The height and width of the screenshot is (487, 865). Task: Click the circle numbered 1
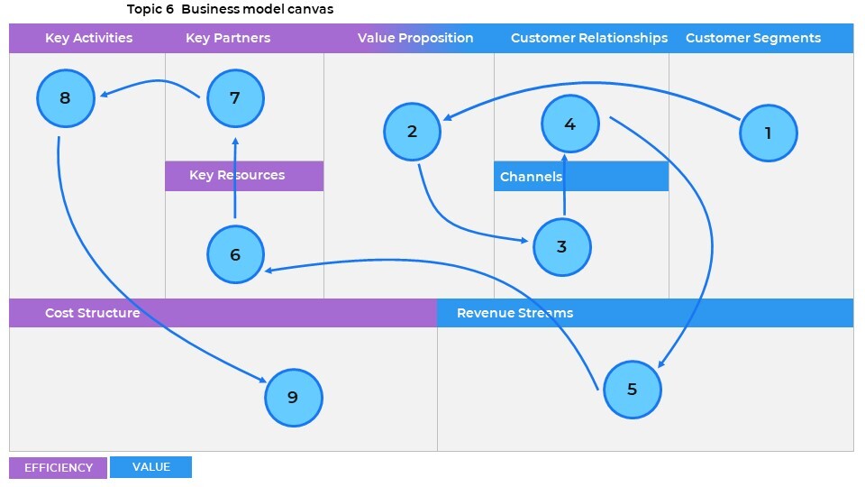coord(769,133)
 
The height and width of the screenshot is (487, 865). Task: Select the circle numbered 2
coord(413,132)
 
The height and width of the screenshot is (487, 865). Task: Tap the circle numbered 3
coord(562,246)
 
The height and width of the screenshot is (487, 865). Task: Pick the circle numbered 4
coord(570,124)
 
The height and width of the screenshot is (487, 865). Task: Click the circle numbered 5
coord(632,389)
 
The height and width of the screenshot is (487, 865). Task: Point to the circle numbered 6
coord(235,254)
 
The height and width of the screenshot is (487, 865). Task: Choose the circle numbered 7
coord(235,98)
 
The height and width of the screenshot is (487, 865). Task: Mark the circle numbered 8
coord(66,98)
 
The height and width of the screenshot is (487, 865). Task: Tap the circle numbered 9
coord(293,397)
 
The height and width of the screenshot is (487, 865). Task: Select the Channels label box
coord(581,177)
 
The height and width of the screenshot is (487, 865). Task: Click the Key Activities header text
coord(88,38)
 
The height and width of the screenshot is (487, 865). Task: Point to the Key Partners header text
coord(228,38)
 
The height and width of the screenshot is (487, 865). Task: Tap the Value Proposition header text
coord(415,38)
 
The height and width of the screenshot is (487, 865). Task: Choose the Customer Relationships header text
coord(589,38)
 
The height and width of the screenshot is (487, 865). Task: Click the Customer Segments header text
coord(753,38)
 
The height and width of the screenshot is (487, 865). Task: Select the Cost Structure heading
coord(92,313)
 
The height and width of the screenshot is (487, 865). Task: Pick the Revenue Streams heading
coord(514,313)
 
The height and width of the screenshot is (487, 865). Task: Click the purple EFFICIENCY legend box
coord(58,467)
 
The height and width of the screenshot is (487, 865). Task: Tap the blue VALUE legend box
coord(150,467)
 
